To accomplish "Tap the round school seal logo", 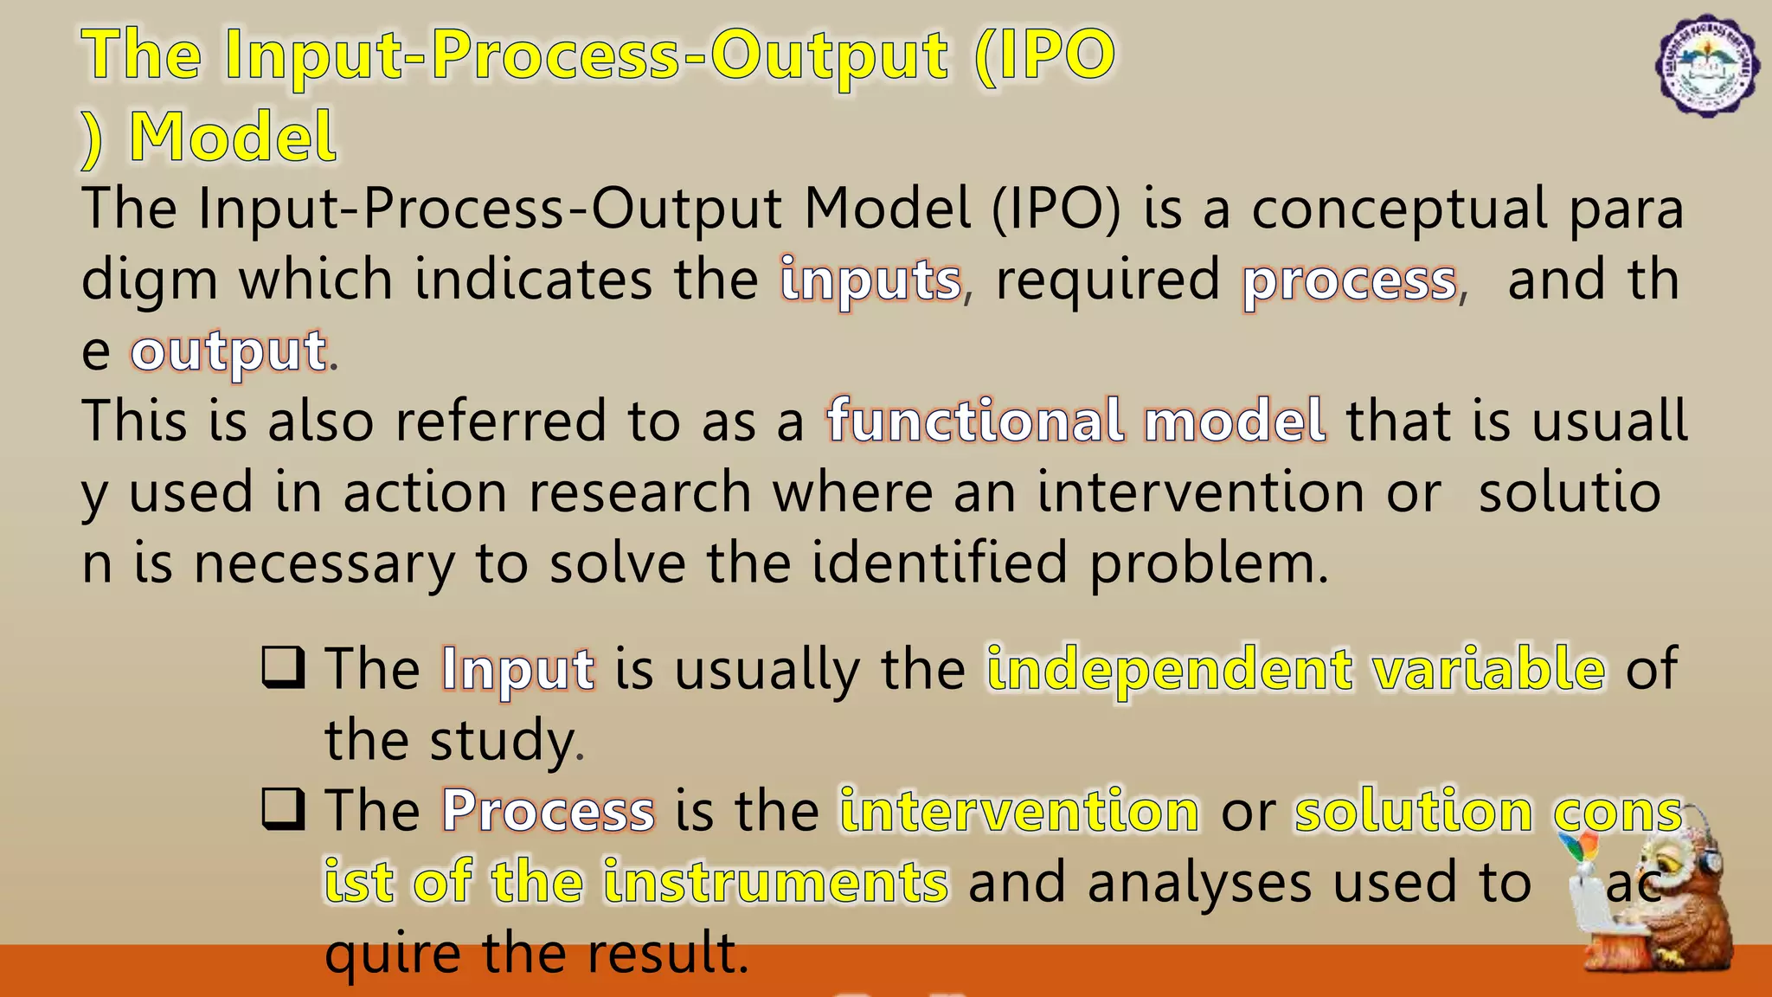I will (1706, 66).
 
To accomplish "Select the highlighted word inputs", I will (870, 281).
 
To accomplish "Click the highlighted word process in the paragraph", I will (1350, 281).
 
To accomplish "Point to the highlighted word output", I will (228, 352).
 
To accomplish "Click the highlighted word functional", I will (975, 421).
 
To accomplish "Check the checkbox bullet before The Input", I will (283, 668).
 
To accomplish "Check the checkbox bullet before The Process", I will (283, 810).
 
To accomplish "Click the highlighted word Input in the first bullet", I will (517, 670).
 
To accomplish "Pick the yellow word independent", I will (1170, 670).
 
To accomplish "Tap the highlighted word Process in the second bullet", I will (548, 812).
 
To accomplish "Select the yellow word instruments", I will (775, 883).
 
